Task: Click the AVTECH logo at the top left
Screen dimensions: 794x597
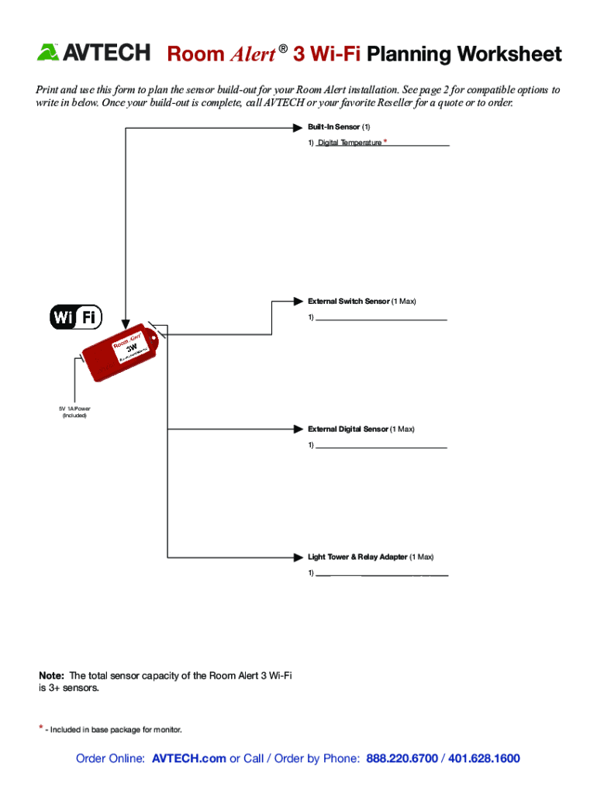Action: tap(94, 53)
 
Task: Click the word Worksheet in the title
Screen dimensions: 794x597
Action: tap(509, 54)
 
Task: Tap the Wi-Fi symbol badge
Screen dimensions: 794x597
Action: tap(75, 317)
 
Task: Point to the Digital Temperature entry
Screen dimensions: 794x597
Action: tap(349, 143)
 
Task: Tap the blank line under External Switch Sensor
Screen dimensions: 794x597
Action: tap(381, 319)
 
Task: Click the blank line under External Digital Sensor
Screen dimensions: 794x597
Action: tap(381, 447)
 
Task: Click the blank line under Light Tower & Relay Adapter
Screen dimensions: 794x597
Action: tap(381, 575)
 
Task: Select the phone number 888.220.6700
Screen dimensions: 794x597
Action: tap(402, 758)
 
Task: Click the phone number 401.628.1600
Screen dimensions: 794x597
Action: tap(484, 758)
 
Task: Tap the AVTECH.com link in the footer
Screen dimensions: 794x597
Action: tap(189, 758)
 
